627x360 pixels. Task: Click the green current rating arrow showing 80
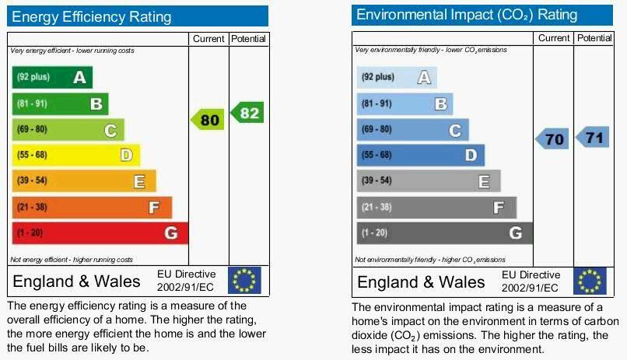(x=208, y=120)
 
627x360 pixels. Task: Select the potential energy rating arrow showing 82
(x=248, y=113)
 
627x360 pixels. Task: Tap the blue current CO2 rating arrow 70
(x=552, y=140)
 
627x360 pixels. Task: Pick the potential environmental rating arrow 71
(x=593, y=138)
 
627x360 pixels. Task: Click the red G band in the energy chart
(x=100, y=232)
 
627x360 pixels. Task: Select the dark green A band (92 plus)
(x=51, y=77)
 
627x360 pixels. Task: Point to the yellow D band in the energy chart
(x=75, y=155)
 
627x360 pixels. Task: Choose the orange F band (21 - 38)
(x=91, y=207)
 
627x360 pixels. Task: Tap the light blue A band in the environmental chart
(x=396, y=77)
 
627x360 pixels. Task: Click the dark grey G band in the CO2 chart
(x=444, y=232)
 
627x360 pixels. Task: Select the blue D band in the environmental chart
(x=420, y=155)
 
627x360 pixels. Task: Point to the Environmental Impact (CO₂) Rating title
(x=467, y=15)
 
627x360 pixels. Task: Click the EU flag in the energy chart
(x=244, y=280)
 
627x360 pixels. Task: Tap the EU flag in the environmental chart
(x=589, y=281)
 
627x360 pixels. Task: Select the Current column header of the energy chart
(x=208, y=39)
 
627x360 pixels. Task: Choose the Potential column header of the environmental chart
(x=595, y=38)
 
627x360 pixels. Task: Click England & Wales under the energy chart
(x=77, y=281)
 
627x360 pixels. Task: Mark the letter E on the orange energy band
(x=139, y=181)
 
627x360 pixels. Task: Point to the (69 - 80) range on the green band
(x=32, y=129)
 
